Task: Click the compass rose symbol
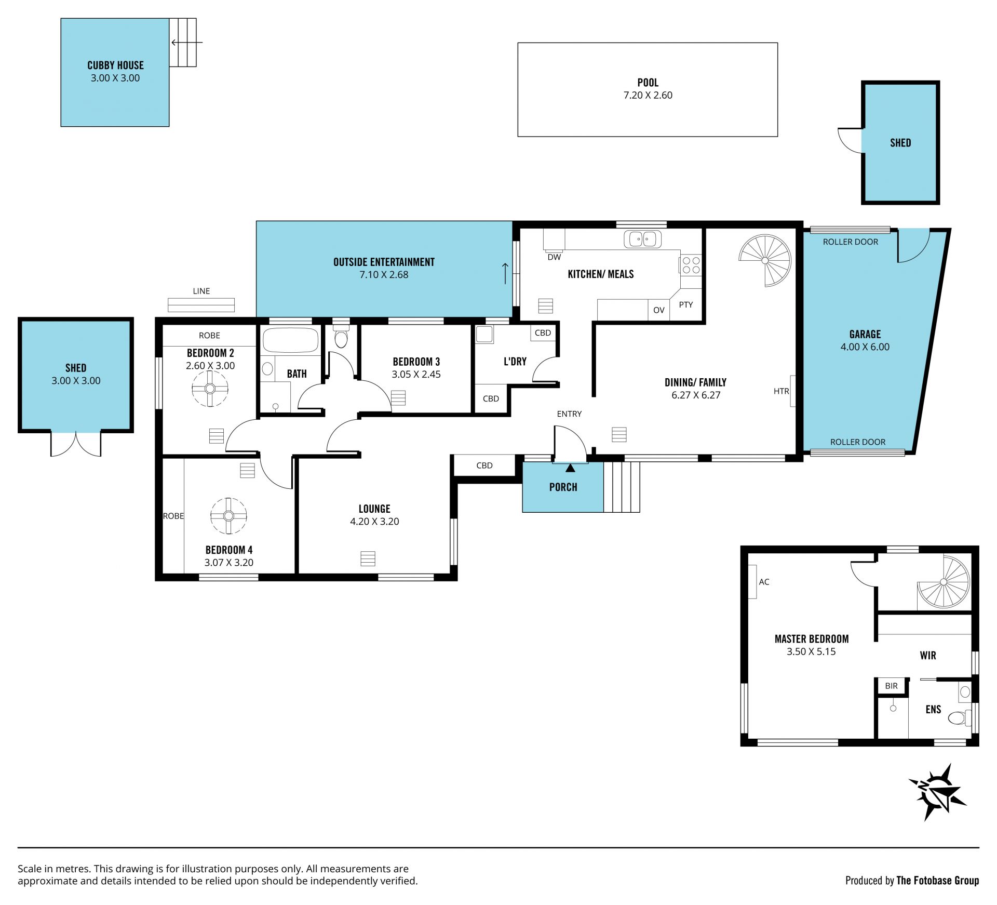click(937, 792)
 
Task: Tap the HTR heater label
click(781, 391)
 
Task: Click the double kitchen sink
click(643, 239)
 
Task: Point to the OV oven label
click(659, 310)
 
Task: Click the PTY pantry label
click(686, 305)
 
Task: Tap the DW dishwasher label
click(554, 257)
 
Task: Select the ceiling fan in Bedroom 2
click(210, 389)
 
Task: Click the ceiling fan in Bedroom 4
click(228, 515)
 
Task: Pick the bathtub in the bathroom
click(291, 341)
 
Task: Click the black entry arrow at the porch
click(570, 468)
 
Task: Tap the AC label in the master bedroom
click(764, 582)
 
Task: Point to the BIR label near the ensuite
click(891, 686)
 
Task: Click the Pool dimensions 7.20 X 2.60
click(648, 95)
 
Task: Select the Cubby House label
click(115, 65)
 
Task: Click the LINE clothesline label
click(201, 291)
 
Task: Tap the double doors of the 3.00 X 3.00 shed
click(76, 444)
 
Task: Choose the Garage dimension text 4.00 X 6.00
click(865, 347)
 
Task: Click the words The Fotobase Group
click(938, 880)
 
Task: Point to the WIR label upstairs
click(928, 656)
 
